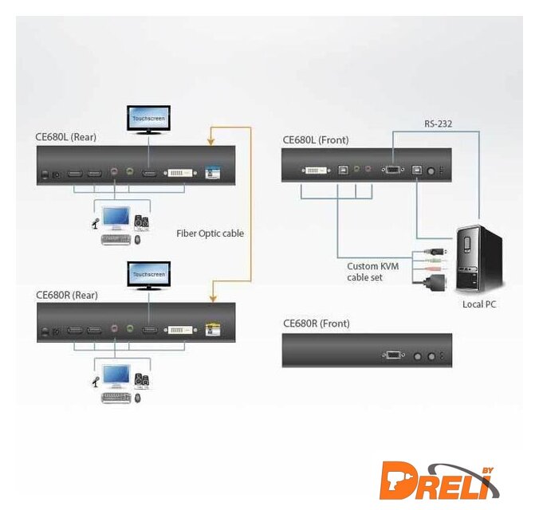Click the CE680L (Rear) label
tap(66, 136)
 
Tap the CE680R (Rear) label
tap(66, 294)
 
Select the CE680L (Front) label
tap(316, 140)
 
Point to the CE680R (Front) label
tap(316, 324)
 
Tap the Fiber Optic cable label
tap(210, 233)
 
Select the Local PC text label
tap(480, 304)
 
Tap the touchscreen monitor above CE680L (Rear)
tap(148, 119)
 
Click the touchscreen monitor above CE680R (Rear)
tap(148, 276)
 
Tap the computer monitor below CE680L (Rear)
tap(116, 218)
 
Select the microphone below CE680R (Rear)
tap(94, 380)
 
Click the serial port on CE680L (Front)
tap(394, 170)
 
